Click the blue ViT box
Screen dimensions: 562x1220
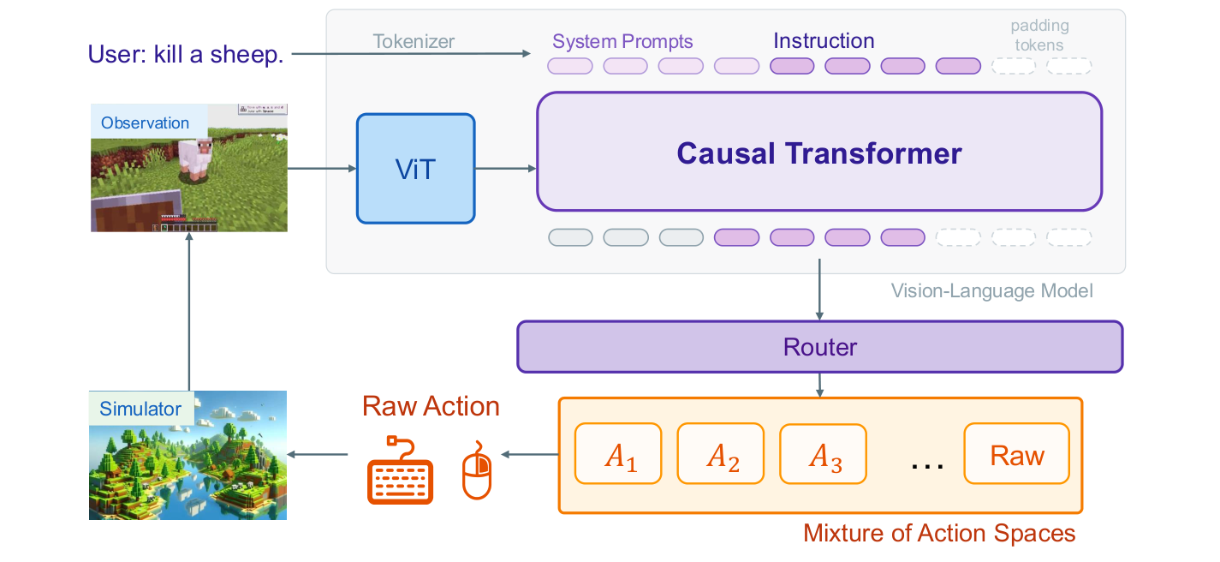click(415, 169)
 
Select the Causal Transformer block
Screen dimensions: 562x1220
click(818, 152)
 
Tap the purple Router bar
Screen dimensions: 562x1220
click(819, 347)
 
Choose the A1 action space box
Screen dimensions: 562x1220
click(618, 454)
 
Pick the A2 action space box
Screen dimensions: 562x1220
click(720, 454)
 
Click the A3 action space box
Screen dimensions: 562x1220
click(822, 454)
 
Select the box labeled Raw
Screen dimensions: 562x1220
click(1016, 454)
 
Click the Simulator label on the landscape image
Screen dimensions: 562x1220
click(140, 409)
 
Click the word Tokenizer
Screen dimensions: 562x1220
click(414, 41)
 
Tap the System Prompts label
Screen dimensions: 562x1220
click(622, 41)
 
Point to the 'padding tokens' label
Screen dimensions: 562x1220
click(1039, 35)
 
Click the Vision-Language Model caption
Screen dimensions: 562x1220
click(991, 291)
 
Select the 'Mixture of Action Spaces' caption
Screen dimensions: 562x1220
click(938, 533)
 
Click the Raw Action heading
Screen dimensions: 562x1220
click(431, 405)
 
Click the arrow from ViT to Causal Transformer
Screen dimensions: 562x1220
click(505, 169)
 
